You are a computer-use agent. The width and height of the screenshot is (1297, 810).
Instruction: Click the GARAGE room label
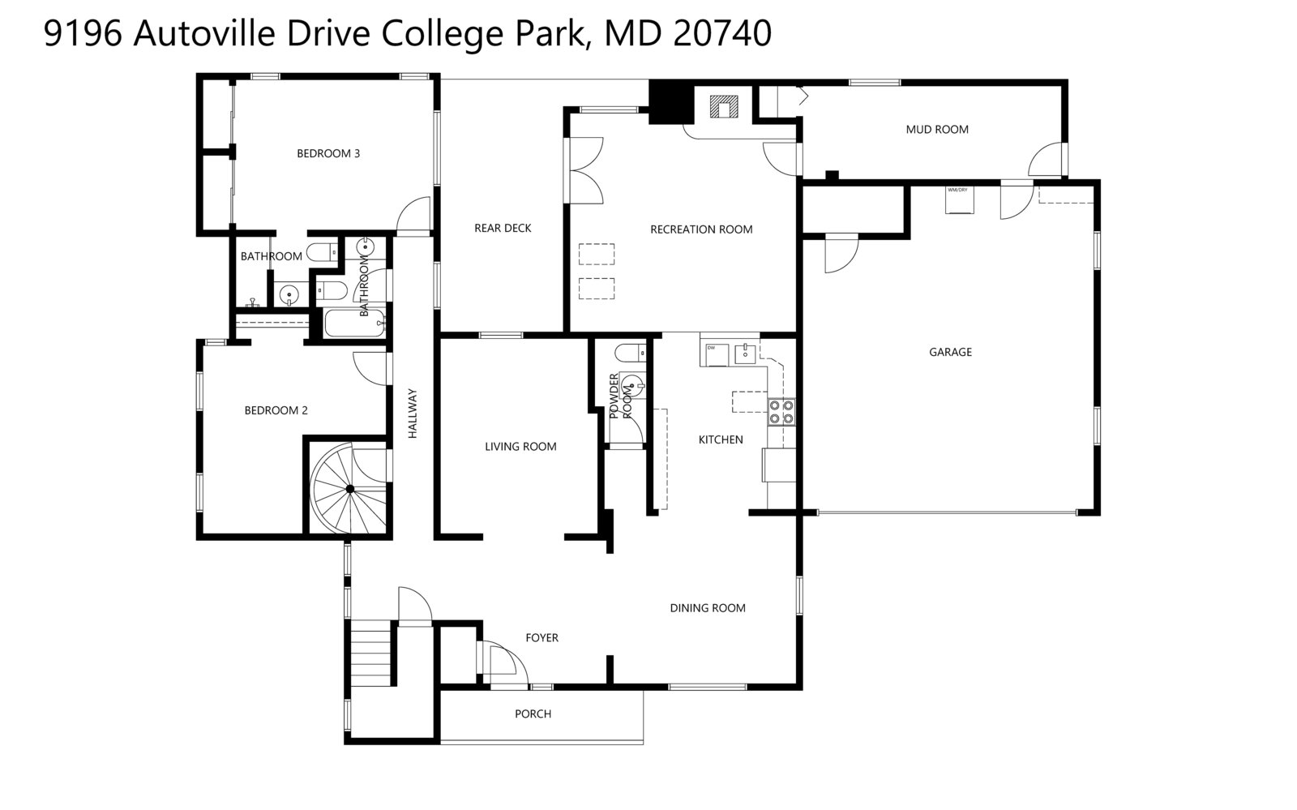[x=950, y=352]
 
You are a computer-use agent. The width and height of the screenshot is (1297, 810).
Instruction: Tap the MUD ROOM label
[x=936, y=129]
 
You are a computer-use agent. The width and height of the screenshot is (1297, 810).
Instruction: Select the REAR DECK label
[x=503, y=228]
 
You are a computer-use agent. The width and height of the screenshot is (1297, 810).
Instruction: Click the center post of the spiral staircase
[x=350, y=489]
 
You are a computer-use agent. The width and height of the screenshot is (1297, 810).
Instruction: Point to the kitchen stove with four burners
[x=781, y=412]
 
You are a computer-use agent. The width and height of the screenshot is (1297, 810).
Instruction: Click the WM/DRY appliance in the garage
[x=958, y=199]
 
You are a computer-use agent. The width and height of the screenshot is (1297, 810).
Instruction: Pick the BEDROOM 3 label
[x=328, y=153]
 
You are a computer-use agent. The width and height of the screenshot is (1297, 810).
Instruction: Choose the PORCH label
[x=533, y=714]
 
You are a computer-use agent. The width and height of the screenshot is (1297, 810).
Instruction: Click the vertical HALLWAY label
[x=412, y=414]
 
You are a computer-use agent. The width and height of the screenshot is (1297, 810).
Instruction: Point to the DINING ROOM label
[x=707, y=607]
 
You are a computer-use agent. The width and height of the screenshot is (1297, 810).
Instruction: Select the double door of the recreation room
[x=585, y=170]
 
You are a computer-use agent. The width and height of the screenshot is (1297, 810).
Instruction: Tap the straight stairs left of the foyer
[x=372, y=654]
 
